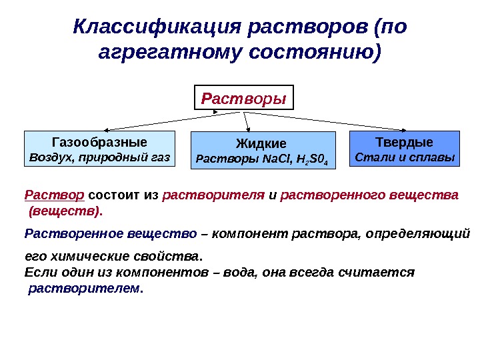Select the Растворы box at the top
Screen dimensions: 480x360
click(x=243, y=98)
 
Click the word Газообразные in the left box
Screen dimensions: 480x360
click(x=99, y=142)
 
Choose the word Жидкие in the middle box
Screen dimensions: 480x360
click(x=261, y=143)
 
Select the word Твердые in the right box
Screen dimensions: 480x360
click(x=404, y=142)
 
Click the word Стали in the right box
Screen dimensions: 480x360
click(x=373, y=159)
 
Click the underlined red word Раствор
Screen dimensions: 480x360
click(x=54, y=195)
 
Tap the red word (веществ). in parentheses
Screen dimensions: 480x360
click(x=65, y=212)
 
